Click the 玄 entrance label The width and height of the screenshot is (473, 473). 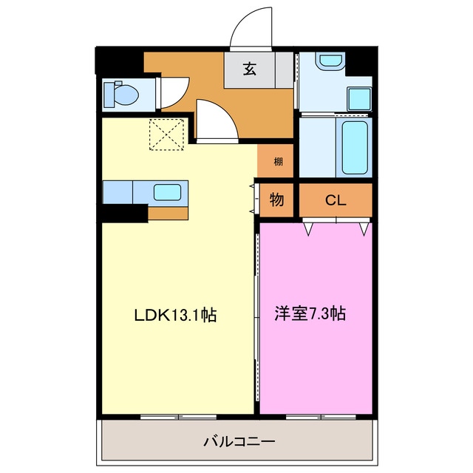point(250,70)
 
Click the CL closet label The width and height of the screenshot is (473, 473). point(336,200)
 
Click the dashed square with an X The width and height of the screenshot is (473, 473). point(166,134)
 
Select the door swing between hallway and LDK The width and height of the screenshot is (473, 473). point(216,120)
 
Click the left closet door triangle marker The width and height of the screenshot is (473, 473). point(309,229)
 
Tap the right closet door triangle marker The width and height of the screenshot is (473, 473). point(363,229)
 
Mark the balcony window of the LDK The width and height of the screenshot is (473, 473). point(178,417)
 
